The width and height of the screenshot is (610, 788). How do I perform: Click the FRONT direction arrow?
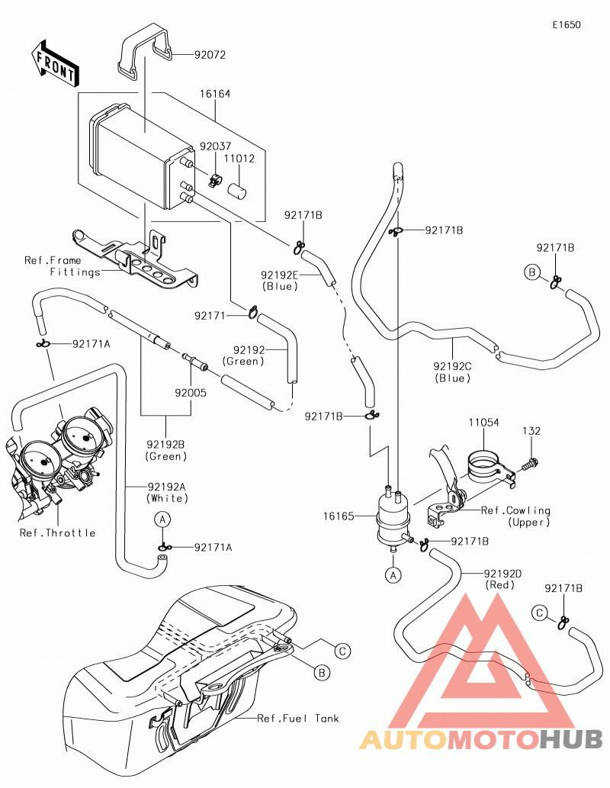pos(54,63)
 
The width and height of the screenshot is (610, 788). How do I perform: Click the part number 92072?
pos(210,55)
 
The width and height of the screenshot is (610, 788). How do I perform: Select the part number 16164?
pos(215,94)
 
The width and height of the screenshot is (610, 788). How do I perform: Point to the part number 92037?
pos(215,146)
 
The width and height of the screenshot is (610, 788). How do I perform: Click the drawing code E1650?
pos(567,24)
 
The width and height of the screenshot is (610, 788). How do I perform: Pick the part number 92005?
pos(191,393)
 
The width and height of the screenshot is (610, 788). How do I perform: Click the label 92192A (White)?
pos(167,493)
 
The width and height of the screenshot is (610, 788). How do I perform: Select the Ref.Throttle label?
pos(57,532)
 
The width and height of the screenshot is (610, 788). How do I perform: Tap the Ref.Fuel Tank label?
pos(298,718)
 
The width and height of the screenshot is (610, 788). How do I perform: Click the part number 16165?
pos(339,516)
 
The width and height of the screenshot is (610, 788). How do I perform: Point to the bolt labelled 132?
pos(525,465)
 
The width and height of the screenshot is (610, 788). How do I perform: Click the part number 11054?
pos(484,423)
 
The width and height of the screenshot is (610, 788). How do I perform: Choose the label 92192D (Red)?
pos(503,579)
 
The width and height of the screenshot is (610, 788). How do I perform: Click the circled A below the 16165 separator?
pos(393,574)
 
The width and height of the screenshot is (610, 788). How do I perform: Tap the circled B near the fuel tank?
pos(322,672)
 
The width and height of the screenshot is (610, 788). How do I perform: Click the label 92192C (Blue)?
pos(453,372)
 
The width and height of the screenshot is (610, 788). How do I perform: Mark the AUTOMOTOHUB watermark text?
pos(481,739)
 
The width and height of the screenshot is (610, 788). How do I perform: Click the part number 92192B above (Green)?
pos(165,444)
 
